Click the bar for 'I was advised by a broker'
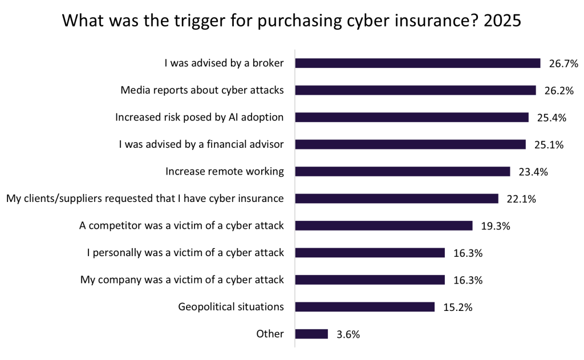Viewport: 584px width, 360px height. pos(417,63)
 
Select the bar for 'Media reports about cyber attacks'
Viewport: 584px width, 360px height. pos(415,90)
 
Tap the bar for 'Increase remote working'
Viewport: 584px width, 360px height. pos(402,171)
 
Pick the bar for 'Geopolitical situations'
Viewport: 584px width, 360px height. pos(365,307)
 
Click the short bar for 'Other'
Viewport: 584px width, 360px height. pos(311,334)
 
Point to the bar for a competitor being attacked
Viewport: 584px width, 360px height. pos(384,225)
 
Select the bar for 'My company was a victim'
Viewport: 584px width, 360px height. pos(370,280)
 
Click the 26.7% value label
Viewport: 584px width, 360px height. pos(561,64)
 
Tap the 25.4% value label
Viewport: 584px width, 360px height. pos(551,118)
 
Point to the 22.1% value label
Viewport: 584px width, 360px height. pos(520,199)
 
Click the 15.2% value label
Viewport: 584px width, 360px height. pos(457,308)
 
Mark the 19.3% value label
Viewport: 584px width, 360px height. pos(494,226)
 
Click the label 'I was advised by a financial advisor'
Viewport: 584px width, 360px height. pos(201,144)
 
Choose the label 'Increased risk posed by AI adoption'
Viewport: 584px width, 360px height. pos(200,118)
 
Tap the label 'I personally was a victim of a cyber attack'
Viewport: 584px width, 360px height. pos(185,253)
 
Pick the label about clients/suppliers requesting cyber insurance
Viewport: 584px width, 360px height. pos(145,199)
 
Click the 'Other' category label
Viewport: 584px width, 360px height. pos(270,334)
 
